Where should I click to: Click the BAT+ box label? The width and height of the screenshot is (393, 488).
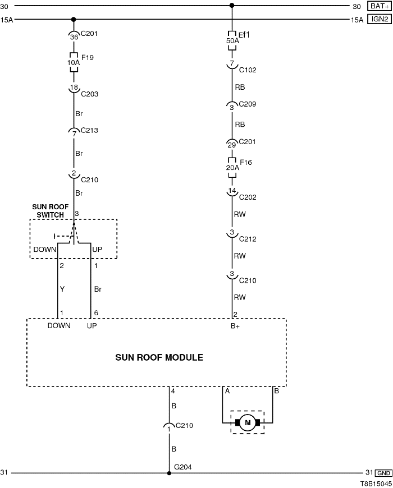(379, 6)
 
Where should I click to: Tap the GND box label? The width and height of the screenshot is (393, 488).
(384, 473)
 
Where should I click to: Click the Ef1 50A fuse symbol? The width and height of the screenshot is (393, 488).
(232, 40)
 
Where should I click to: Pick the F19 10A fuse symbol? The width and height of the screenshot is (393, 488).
(74, 62)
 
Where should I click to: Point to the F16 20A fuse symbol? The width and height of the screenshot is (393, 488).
(232, 167)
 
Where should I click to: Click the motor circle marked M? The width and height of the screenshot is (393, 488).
(247, 422)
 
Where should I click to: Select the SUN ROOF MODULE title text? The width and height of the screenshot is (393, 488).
(159, 357)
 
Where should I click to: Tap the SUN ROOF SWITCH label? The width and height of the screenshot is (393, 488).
(55, 210)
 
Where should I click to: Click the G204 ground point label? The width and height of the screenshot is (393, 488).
(183, 466)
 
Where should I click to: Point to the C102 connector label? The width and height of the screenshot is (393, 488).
(248, 70)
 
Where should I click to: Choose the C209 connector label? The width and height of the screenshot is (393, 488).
(248, 104)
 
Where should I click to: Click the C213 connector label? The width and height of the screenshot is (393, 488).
(89, 131)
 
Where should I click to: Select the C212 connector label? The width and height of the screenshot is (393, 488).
(248, 239)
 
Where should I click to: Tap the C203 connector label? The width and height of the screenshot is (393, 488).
(89, 94)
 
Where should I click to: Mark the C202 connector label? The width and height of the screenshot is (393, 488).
(248, 197)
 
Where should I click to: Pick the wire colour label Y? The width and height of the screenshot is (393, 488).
(62, 289)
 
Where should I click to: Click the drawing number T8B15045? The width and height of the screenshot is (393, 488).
(376, 482)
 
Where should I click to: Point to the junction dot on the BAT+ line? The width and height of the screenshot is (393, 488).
(232, 6)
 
